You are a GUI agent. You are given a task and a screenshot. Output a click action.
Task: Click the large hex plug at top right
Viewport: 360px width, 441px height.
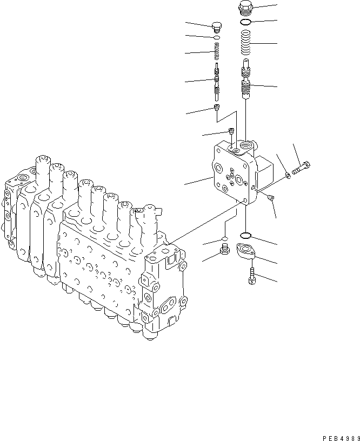tap(245, 9)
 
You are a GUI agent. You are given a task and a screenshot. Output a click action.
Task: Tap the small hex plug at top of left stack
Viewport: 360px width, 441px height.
tap(216, 26)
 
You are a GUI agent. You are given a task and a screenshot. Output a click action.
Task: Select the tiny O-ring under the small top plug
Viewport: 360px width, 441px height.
tap(216, 38)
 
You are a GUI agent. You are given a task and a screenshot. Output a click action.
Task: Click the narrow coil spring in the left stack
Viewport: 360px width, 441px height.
tap(216, 53)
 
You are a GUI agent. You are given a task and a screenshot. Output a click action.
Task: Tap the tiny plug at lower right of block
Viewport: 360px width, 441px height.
tap(271, 198)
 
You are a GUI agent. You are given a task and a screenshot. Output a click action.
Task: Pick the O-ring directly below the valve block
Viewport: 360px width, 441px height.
tap(245, 235)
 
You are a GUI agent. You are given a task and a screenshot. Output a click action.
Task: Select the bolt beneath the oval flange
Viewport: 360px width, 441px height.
tap(252, 275)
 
